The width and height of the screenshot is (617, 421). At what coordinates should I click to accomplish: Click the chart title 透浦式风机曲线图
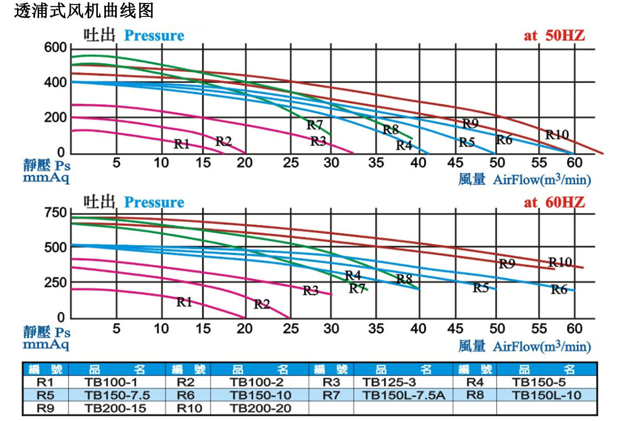coord(83,11)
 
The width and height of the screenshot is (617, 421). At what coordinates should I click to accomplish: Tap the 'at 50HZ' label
coord(554,35)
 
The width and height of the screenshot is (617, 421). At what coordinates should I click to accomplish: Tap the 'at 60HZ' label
coord(554,202)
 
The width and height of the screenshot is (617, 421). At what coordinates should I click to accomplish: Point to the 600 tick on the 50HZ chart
coord(55,48)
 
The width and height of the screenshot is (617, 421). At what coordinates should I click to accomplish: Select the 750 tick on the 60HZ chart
coord(55,213)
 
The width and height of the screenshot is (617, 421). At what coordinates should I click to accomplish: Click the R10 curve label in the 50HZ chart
coord(557,135)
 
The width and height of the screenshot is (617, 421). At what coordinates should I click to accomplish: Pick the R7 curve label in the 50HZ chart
coord(315,125)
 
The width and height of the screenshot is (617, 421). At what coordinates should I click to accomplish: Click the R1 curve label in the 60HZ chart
coord(184,302)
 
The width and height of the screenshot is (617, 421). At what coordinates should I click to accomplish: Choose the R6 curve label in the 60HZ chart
coord(559,290)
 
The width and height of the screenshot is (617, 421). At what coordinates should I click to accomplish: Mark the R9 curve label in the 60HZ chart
coord(506,264)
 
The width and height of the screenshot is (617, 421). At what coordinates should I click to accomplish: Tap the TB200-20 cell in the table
coord(260,408)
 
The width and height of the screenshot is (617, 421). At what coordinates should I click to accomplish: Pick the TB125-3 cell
coord(389,382)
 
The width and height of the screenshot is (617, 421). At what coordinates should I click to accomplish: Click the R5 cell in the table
coord(45,395)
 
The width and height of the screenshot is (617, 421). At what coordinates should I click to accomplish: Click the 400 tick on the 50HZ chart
coord(55,83)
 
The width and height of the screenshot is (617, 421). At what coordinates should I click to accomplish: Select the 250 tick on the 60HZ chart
coord(55,283)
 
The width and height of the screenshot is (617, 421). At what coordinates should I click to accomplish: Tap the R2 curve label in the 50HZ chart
coord(223,141)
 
